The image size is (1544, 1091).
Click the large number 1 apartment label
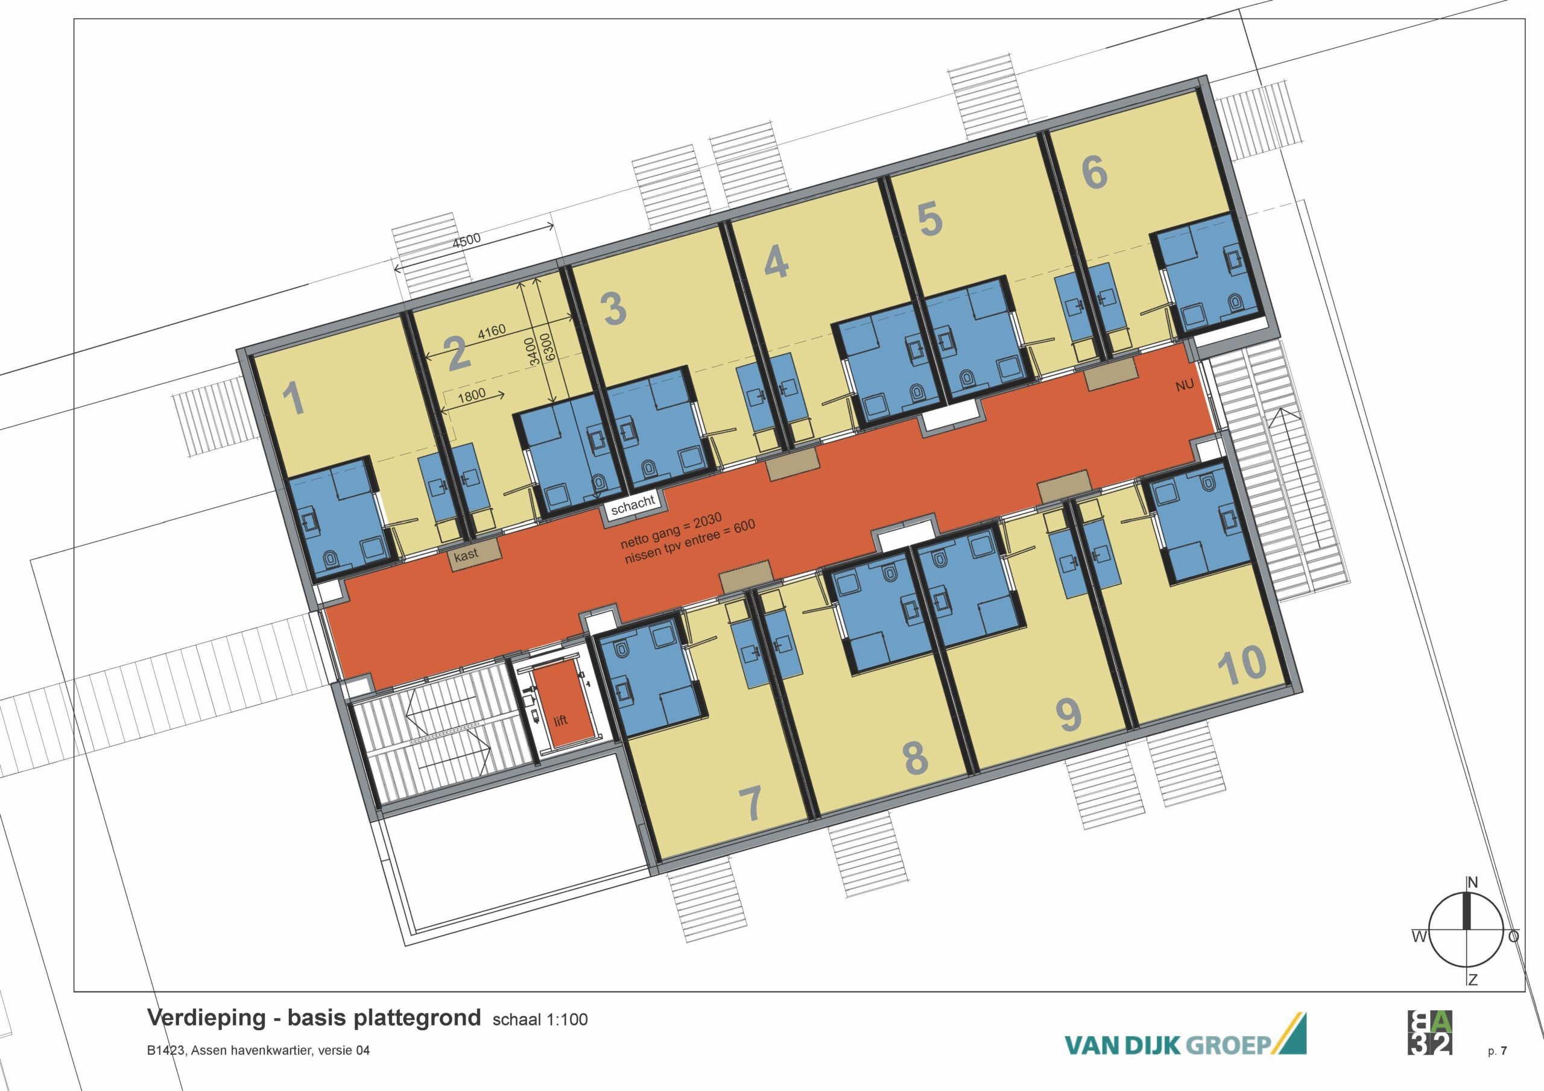(294, 398)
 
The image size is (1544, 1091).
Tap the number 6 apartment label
(1095, 171)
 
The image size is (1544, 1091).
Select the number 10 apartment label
(1242, 665)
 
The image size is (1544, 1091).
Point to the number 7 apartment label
(750, 803)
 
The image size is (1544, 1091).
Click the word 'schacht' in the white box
(633, 505)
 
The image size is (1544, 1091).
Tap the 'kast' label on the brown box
(466, 554)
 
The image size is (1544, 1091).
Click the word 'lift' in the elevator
(561, 721)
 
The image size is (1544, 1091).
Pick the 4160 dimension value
(491, 333)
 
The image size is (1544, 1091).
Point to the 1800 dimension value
(470, 395)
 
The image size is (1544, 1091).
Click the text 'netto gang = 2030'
(671, 530)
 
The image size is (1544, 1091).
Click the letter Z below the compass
(1473, 999)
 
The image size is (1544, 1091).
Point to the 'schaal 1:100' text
(540, 1020)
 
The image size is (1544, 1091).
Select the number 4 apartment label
(777, 261)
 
